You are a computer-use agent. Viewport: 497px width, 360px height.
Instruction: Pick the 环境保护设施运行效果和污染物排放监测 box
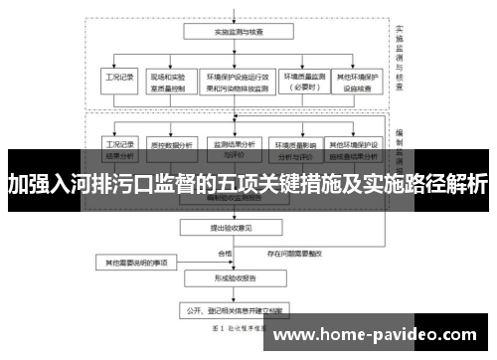point(237,81)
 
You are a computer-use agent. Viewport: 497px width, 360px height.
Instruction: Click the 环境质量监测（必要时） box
point(306,81)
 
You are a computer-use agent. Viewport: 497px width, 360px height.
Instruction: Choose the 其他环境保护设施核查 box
point(357,81)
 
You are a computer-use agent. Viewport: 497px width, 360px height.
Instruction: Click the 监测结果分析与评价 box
point(235,148)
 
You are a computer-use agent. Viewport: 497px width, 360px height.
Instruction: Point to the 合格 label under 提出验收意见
point(225,254)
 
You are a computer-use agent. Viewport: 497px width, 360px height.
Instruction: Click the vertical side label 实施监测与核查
point(398,60)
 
